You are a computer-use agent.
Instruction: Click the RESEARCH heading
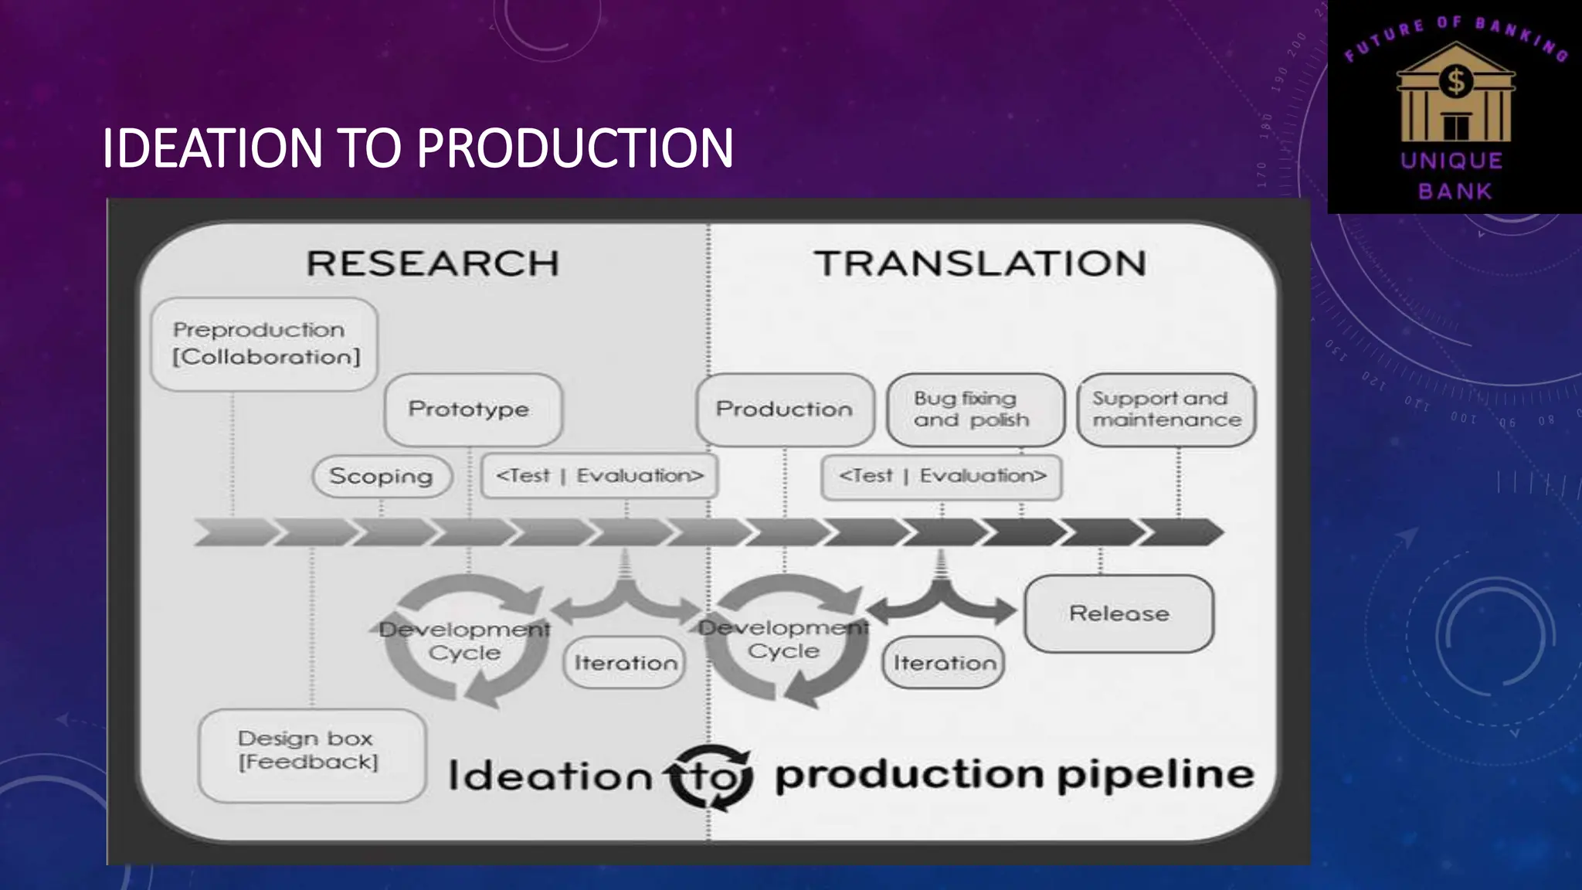click(433, 263)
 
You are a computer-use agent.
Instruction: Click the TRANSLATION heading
click(979, 263)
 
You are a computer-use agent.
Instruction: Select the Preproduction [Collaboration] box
click(265, 344)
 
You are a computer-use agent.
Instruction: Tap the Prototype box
click(472, 409)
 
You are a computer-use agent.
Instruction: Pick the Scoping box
click(382, 476)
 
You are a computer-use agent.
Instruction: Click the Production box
click(784, 409)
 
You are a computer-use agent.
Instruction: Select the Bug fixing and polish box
click(974, 409)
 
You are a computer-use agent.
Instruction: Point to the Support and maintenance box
click(1166, 409)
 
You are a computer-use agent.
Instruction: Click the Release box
click(1119, 613)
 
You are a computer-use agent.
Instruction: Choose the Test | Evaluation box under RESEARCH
click(599, 476)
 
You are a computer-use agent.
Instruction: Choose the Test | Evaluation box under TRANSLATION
click(942, 476)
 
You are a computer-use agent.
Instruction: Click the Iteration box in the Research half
click(625, 662)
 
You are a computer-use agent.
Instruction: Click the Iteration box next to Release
click(944, 662)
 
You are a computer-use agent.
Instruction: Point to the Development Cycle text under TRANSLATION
click(783, 640)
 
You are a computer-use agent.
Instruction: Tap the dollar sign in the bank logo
click(1455, 81)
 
